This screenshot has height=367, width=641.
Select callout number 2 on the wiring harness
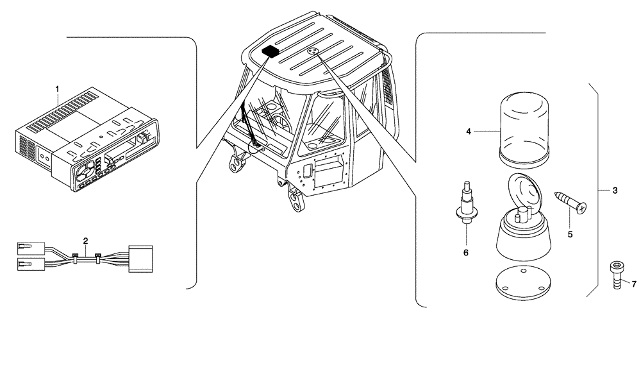click(x=85, y=241)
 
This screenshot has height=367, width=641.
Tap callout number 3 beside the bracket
click(x=615, y=191)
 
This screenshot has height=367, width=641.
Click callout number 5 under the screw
click(x=570, y=234)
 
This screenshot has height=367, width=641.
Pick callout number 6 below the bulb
click(x=466, y=253)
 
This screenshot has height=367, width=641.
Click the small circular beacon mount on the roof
click(x=312, y=51)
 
